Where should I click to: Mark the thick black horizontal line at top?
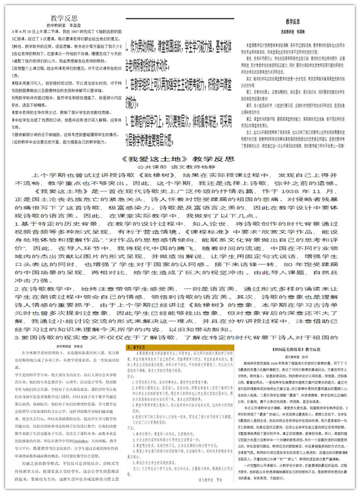pos(179,19)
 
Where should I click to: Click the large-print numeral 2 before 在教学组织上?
pos(127,82)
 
